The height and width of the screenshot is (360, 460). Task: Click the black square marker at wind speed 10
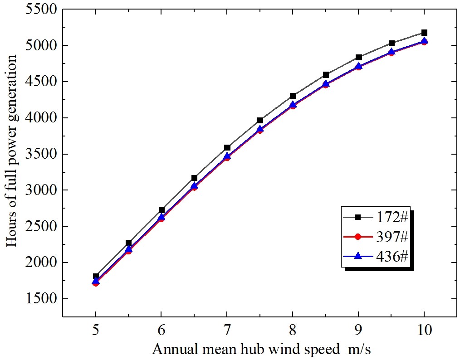[x=424, y=33]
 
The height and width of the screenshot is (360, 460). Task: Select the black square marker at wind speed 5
[x=95, y=276]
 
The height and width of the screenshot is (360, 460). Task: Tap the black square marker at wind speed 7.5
[x=260, y=120]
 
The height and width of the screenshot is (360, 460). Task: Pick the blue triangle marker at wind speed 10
[x=424, y=41]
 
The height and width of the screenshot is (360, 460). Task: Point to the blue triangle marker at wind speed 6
[x=161, y=217]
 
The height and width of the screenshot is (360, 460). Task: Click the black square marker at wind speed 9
[x=358, y=57]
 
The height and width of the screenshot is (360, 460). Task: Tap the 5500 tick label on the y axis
[x=42, y=10]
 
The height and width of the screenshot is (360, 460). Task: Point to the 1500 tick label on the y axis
[x=42, y=299]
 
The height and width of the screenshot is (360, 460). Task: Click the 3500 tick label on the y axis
[x=42, y=154]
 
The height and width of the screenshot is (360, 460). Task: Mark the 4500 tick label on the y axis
[x=42, y=82]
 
